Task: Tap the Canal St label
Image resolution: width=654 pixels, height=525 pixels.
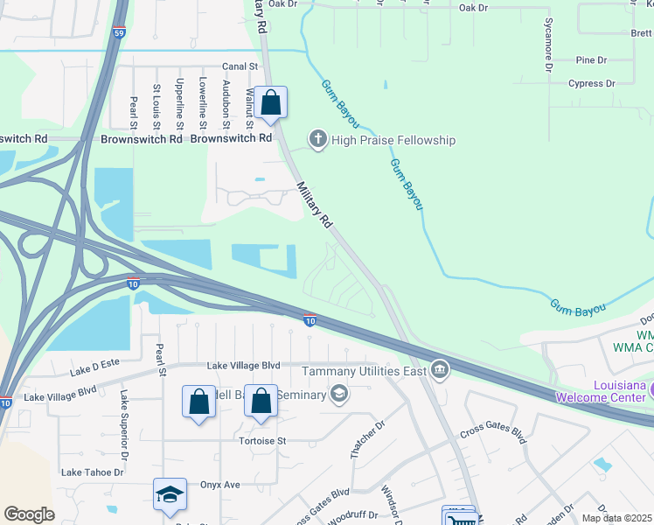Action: pos(240,66)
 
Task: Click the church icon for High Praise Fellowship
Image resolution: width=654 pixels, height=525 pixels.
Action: pos(317,140)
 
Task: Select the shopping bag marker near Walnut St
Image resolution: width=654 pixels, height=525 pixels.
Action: pos(272,103)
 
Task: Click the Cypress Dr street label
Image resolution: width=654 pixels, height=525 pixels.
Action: pos(591,84)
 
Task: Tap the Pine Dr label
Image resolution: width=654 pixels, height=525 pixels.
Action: pos(591,60)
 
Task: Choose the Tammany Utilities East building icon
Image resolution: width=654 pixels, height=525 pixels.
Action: pos(439,371)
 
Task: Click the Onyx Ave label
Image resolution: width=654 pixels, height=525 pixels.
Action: pos(219,485)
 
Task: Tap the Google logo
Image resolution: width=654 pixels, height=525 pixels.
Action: pos(29,514)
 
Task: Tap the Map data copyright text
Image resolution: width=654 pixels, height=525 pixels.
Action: pos(616,518)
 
